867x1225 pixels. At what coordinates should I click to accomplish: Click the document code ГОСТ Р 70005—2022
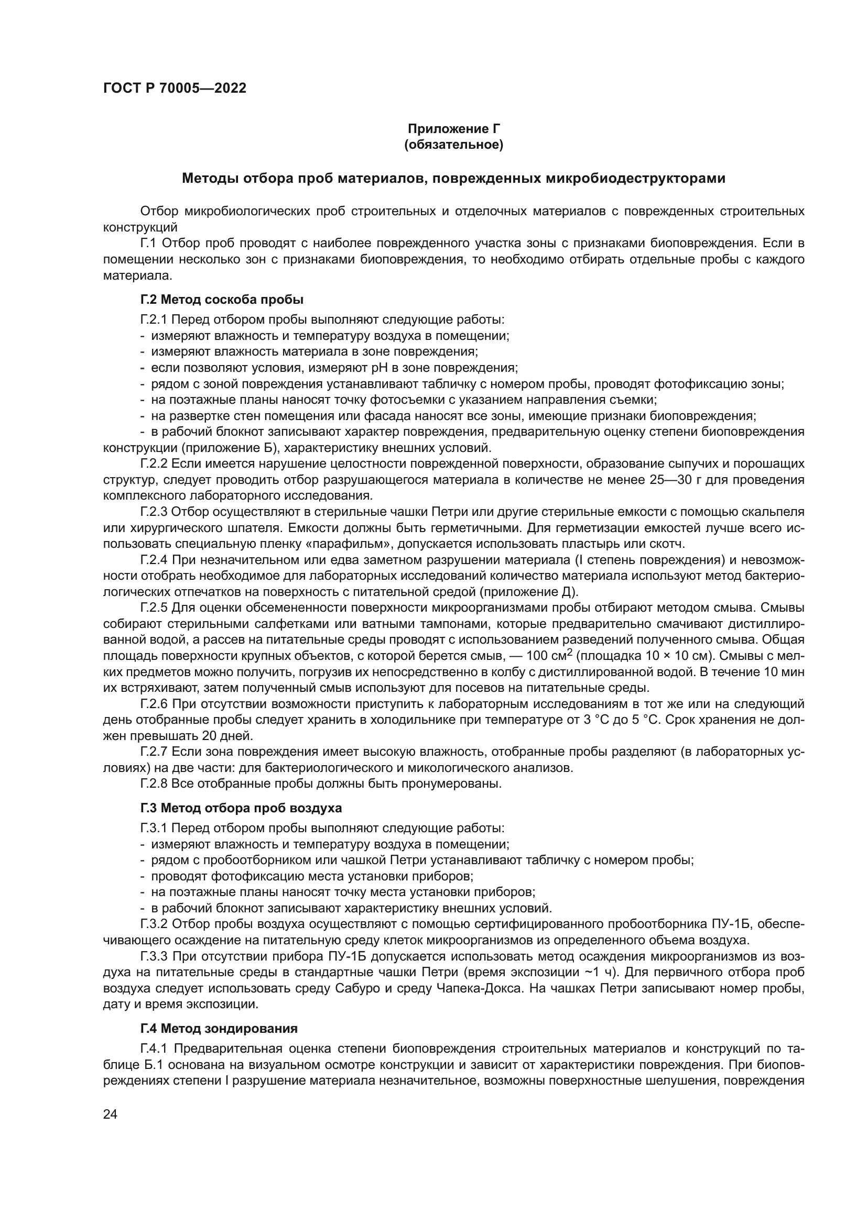tap(175, 89)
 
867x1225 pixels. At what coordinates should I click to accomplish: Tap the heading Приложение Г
tap(454, 129)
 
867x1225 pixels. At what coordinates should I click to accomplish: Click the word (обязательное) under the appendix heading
tap(454, 145)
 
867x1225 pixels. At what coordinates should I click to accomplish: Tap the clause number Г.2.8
tap(154, 784)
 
